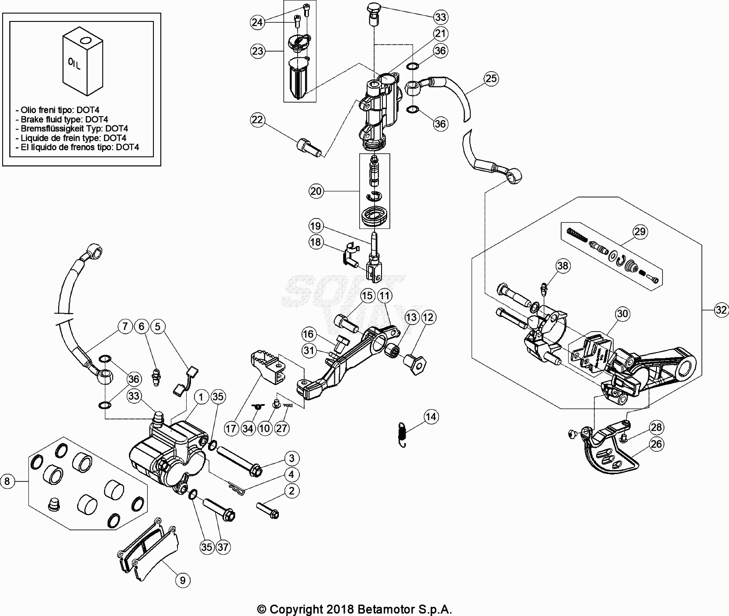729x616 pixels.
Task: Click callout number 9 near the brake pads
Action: pos(183,580)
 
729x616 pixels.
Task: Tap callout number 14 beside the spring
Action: pos(431,417)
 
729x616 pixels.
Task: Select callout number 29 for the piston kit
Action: pos(640,232)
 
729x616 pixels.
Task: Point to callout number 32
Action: pos(721,310)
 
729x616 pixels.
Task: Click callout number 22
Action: pos(258,120)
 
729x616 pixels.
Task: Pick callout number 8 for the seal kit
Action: pos(7,481)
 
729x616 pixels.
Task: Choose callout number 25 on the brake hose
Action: pos(491,78)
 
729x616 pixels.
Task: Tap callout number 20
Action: pos(316,191)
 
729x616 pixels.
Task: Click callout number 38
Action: pos(563,266)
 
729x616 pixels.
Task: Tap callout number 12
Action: pos(428,317)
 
